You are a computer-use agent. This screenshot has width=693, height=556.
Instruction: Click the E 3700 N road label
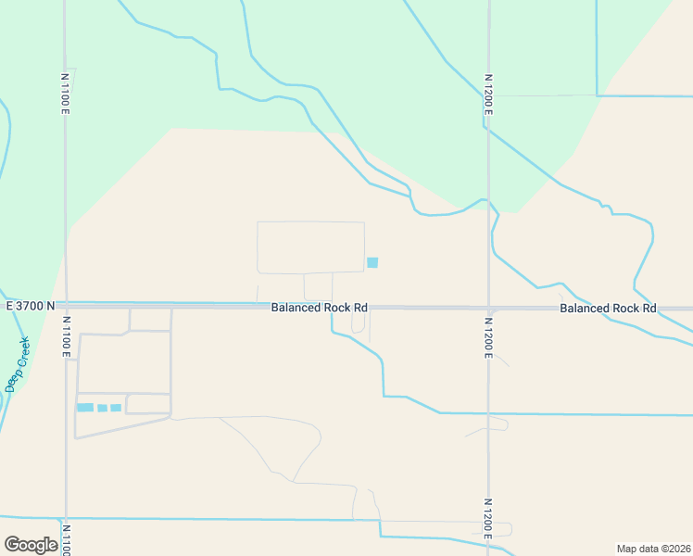pyautogui.click(x=30, y=306)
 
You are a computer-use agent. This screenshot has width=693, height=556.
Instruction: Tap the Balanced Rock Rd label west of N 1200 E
pyautogui.click(x=320, y=307)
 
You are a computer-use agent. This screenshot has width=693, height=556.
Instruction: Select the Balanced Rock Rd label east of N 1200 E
pyautogui.click(x=608, y=308)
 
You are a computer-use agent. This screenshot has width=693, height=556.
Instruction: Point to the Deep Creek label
pyautogui.click(x=18, y=364)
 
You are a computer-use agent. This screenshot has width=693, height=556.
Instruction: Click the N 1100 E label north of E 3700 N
pyautogui.click(x=65, y=94)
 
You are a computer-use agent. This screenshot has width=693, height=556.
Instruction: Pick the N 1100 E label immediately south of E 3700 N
pyautogui.click(x=66, y=337)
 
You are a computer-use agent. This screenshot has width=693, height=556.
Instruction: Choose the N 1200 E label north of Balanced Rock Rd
pyautogui.click(x=487, y=94)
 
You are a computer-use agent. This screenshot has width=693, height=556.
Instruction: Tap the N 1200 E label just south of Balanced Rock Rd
pyautogui.click(x=488, y=337)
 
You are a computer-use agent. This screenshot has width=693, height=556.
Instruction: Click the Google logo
pyautogui.click(x=31, y=545)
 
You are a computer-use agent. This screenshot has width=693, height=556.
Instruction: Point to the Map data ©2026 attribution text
pyautogui.click(x=653, y=548)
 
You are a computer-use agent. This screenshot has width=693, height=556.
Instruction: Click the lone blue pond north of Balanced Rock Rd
pyautogui.click(x=372, y=262)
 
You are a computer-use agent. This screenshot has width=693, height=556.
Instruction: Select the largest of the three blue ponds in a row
pyautogui.click(x=85, y=408)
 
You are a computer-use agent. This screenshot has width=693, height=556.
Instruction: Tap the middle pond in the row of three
pyautogui.click(x=102, y=408)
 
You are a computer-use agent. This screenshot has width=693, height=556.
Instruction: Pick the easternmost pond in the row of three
pyautogui.click(x=116, y=408)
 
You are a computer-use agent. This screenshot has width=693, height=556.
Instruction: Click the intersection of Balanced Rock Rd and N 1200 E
pyautogui.click(x=488, y=308)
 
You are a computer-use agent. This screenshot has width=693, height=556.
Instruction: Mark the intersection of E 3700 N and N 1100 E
pyautogui.click(x=66, y=305)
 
